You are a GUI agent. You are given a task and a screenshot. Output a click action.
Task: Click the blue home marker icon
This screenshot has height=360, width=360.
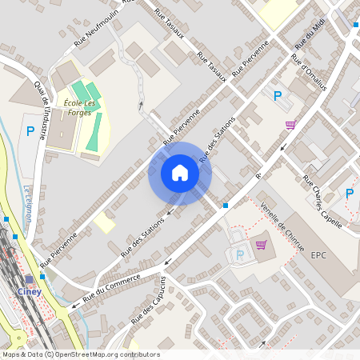[x=180, y=173]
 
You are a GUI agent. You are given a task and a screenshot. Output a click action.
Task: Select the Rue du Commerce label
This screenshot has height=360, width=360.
[x=111, y=287]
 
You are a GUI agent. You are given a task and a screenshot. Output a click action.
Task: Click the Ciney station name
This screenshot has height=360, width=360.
[x=30, y=291]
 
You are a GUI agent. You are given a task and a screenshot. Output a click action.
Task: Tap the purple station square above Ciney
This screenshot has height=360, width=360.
[x=30, y=280]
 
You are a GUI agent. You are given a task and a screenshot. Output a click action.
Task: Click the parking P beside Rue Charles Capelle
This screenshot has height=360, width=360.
[x=349, y=193]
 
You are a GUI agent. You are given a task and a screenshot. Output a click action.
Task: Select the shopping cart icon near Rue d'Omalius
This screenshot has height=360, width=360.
[x=290, y=124]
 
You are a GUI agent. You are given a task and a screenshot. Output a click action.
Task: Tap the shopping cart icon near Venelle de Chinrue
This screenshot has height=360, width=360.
[x=260, y=244]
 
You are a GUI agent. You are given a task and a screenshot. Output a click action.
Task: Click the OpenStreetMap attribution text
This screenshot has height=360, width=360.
[x=80, y=354]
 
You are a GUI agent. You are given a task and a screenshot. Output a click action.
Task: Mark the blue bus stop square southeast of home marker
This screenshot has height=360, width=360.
[x=225, y=206]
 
